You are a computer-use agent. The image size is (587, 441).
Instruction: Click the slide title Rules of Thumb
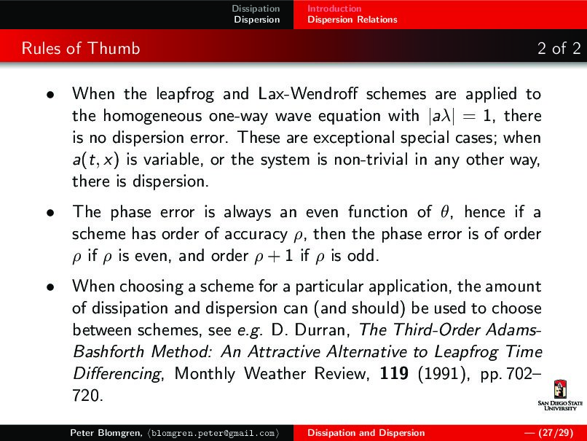tap(81, 50)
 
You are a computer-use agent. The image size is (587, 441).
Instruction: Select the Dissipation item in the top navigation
tap(255, 8)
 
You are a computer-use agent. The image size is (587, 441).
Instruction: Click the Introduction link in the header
tap(334, 8)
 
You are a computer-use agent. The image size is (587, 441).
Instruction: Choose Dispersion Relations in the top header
tap(352, 20)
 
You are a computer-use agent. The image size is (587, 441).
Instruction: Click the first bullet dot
tap(48, 95)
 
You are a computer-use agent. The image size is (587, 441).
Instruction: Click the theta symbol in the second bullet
tap(449, 212)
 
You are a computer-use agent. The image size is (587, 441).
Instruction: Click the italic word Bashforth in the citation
tap(106, 353)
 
